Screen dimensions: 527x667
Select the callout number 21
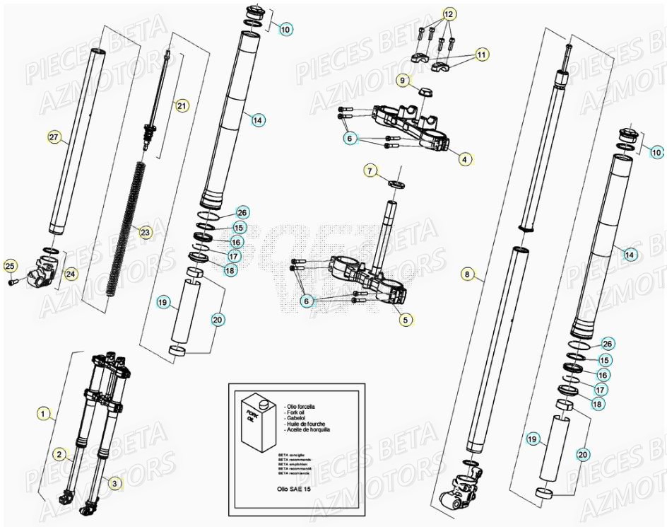[x=182, y=106]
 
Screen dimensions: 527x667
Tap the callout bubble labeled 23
[x=146, y=232]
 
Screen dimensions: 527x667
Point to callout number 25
[x=10, y=266]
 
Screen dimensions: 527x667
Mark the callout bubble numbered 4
[x=464, y=160]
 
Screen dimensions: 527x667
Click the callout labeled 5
[x=405, y=320]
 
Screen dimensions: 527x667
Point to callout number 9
[x=401, y=81]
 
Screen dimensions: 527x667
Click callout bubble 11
[x=481, y=54]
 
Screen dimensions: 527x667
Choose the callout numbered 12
[x=450, y=14]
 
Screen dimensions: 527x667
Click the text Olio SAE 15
[x=295, y=488]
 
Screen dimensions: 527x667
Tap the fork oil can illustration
[x=256, y=424]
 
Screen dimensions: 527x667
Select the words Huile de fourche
[x=308, y=424]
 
